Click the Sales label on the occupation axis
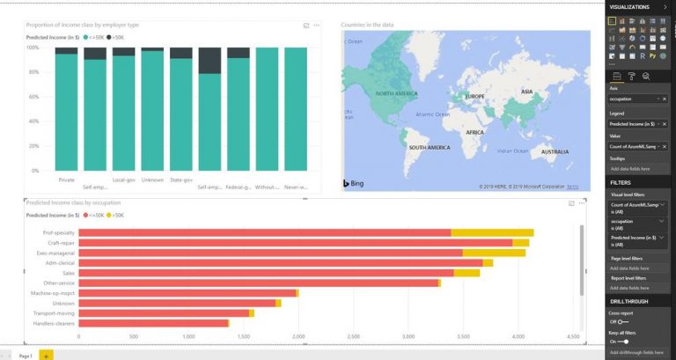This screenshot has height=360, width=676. pos(67,273)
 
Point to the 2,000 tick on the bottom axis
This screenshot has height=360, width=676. pos(298,336)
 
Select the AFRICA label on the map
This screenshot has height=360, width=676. pos(475,132)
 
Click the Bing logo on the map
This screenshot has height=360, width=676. pos(352,183)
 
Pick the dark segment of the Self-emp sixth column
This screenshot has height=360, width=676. pos(209,61)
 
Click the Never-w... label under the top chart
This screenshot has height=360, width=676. pos(296,187)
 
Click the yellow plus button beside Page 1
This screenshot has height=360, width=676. pos(46,355)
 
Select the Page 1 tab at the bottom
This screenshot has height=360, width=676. pos(25,355)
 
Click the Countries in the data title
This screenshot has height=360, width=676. pos(367,25)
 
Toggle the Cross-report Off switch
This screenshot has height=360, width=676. pos(623,321)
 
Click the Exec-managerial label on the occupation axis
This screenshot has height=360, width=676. pos(56,253)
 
